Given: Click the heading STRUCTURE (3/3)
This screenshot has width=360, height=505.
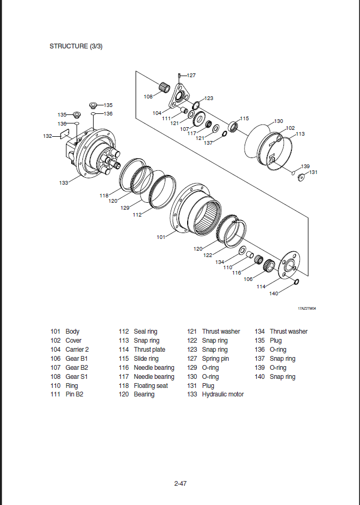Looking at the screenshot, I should coord(76,46).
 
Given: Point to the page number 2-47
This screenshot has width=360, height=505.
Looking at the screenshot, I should coord(180,484).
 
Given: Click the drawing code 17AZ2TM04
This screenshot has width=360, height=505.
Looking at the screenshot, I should coord(307,308).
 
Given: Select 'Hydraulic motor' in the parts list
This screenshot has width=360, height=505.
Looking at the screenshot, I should coord(223,394).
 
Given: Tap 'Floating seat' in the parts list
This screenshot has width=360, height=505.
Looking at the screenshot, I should coord(152,385).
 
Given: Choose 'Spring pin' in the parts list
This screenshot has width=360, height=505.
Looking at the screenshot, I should coord(215,359).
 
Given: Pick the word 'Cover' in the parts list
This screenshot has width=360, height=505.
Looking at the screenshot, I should coord(73,341).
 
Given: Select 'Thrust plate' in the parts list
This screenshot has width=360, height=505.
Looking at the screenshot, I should coord(149,350).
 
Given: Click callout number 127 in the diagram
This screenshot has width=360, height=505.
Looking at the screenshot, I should coord(191,76).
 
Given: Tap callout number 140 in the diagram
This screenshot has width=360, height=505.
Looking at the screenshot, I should coord(274,293).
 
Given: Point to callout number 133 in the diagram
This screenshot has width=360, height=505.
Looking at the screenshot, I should coord(64,183).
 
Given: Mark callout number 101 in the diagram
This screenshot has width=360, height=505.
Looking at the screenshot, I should coord(161,237).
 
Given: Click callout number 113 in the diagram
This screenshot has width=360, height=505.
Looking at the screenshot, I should coord(300,134).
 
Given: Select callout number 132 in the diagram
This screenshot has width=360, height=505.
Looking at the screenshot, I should coord(47,136).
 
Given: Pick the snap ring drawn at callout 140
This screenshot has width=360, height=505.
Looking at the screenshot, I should coord(296,282).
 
